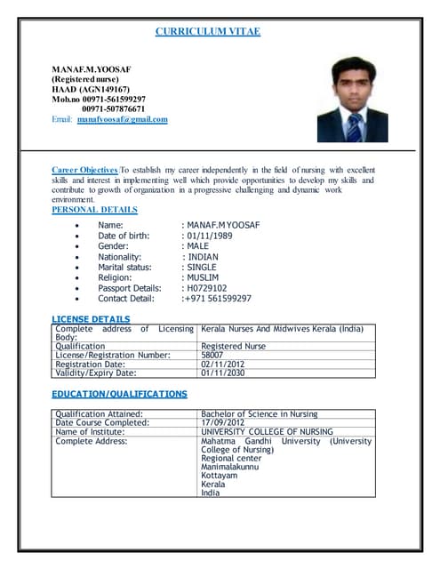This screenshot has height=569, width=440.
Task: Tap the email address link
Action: [x=122, y=119]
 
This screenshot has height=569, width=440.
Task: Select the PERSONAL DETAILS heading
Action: [x=94, y=210]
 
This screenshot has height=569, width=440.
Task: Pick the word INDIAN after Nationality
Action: [x=204, y=257]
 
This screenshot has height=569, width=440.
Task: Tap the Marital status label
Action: [x=124, y=267]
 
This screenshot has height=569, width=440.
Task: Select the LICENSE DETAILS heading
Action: [x=91, y=318]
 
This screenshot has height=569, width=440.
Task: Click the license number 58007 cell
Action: [x=212, y=355]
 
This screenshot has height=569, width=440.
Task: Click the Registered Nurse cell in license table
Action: [x=233, y=346]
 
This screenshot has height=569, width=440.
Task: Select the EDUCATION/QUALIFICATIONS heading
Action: [x=119, y=393]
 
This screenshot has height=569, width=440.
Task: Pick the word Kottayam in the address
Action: [x=220, y=476]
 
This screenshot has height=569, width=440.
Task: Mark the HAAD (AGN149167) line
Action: [x=91, y=89]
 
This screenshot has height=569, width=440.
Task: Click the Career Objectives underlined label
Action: [x=84, y=169]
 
